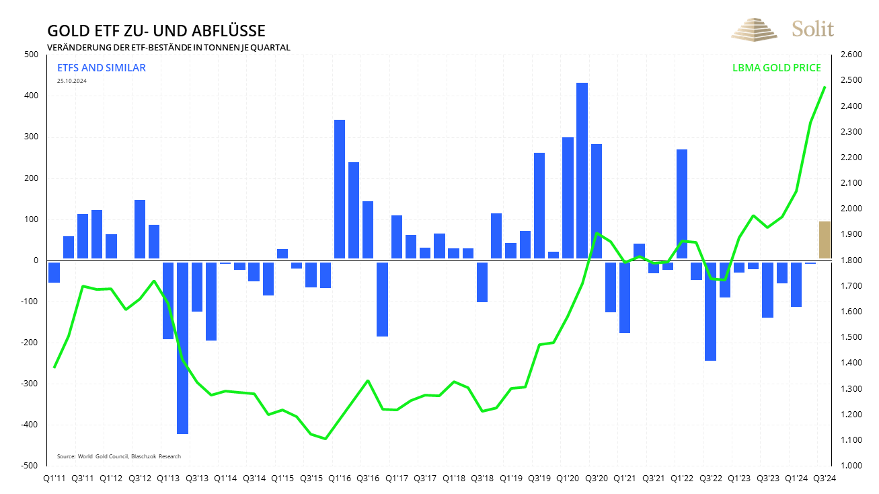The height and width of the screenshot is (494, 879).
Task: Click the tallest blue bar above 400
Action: (582, 171)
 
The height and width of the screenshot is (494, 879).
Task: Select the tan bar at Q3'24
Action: (825, 240)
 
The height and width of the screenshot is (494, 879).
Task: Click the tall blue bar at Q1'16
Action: (340, 189)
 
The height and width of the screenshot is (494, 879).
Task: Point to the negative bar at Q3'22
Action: (710, 311)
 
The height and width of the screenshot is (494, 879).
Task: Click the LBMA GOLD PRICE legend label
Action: (776, 68)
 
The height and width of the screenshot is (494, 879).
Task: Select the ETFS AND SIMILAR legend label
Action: (102, 68)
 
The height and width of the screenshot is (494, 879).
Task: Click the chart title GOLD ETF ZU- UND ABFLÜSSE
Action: (156, 31)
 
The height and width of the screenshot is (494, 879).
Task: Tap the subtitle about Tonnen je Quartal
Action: (168, 47)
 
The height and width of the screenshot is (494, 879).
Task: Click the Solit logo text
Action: (812, 29)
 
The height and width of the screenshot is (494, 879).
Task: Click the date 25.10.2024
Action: (72, 81)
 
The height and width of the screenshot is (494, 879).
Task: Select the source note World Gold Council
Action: (119, 456)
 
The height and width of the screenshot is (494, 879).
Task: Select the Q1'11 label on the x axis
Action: (54, 479)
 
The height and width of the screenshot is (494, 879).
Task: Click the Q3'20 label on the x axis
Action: (597, 479)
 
